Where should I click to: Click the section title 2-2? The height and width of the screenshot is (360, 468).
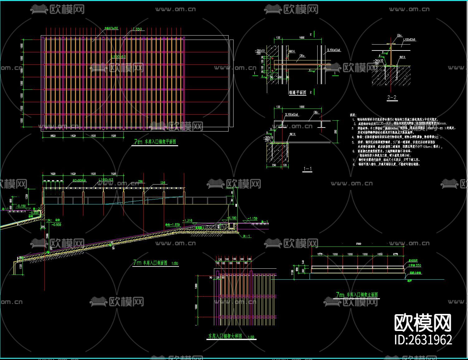coord(392,98)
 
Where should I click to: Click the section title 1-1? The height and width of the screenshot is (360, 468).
coord(307,169)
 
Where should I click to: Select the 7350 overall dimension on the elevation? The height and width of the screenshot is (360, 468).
coord(359,244)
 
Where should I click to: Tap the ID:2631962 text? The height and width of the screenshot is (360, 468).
coord(423,339)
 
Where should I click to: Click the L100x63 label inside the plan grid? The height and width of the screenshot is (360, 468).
coord(118,57)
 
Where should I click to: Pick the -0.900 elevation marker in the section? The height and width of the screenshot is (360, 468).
coord(56,224)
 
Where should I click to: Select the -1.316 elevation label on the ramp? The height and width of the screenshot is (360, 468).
coord(188,221)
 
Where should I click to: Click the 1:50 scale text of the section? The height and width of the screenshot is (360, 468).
coord(175,263)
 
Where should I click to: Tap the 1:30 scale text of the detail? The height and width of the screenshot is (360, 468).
coord(251,337)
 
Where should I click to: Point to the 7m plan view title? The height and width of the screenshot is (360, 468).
coord(155,142)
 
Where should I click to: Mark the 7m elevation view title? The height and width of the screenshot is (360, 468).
coord(357,295)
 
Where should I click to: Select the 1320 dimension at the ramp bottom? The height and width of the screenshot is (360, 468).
coord(21,266)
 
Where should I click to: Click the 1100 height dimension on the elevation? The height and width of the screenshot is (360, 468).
coord(293,272)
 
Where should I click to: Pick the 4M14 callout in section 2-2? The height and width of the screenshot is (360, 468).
coord(402,57)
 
